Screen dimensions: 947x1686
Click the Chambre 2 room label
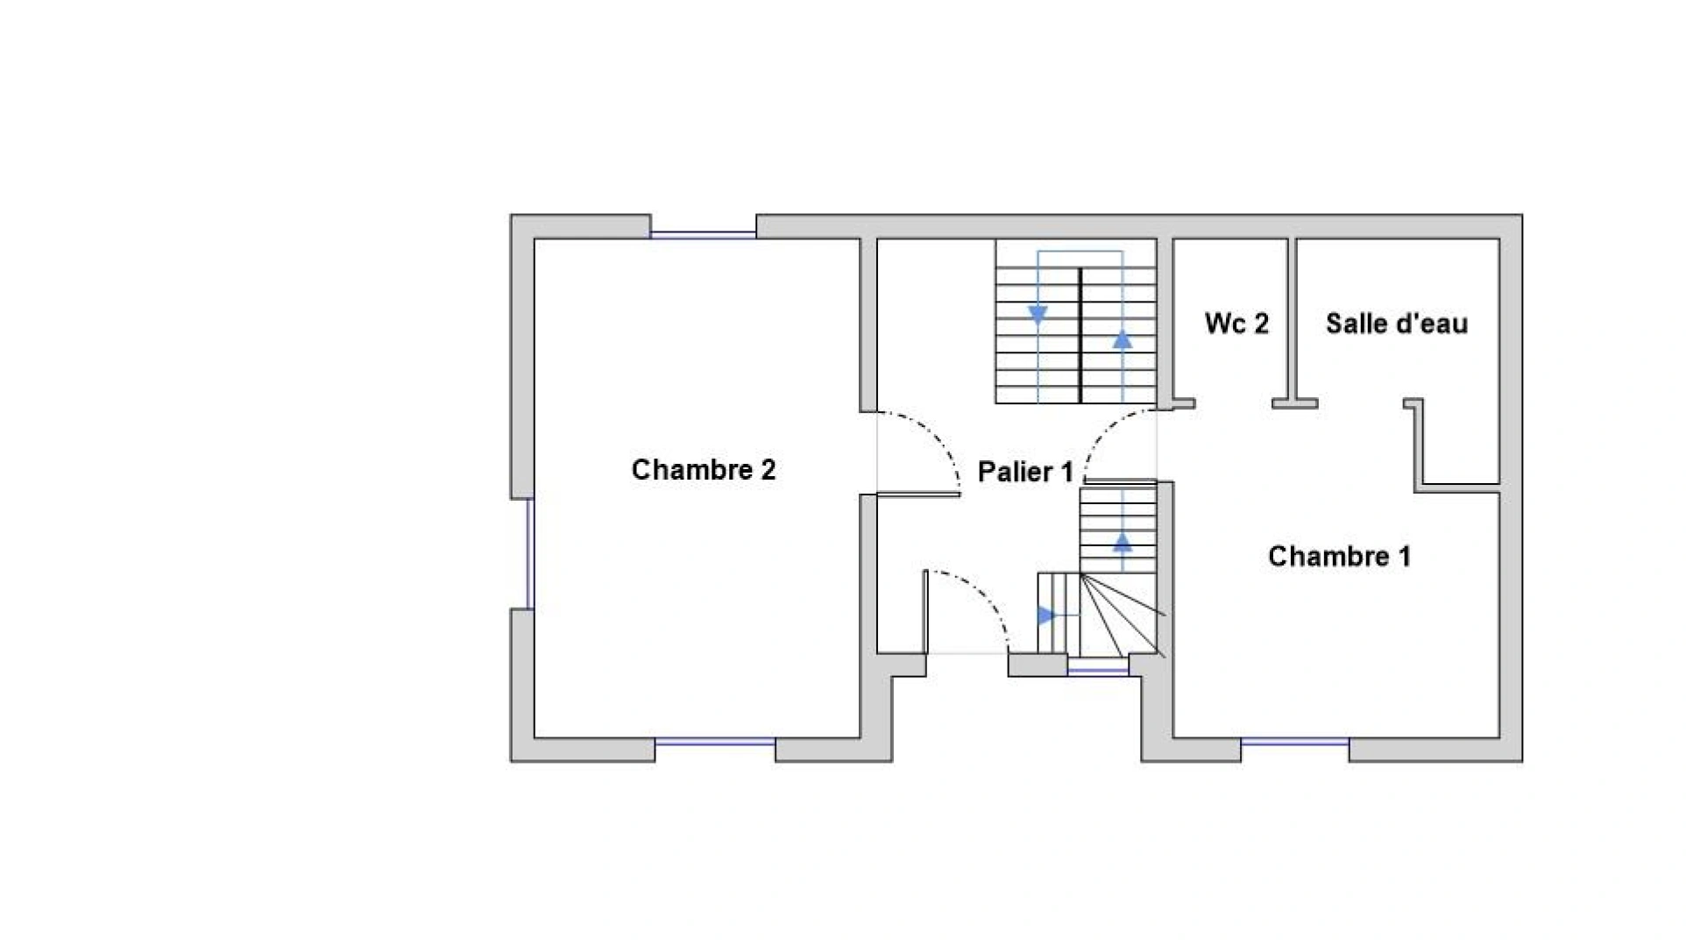704,470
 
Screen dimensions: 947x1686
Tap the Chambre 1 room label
1339,556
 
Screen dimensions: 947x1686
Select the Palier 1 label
1024,472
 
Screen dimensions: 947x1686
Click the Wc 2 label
1236,323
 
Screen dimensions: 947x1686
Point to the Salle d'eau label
1396,323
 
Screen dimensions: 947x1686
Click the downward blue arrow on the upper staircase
1038,316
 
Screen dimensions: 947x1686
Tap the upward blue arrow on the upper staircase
1123,339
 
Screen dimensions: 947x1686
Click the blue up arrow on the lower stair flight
1123,543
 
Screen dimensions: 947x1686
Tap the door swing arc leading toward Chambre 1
1106,434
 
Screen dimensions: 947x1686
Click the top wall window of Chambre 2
703,235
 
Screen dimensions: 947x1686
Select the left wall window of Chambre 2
529,553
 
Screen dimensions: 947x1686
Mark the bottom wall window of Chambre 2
715,742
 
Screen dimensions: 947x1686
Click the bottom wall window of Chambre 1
1294,742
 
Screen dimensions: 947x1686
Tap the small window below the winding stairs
1098,671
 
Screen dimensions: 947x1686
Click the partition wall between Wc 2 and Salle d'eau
1292,320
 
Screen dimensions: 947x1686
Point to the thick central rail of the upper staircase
1080,335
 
